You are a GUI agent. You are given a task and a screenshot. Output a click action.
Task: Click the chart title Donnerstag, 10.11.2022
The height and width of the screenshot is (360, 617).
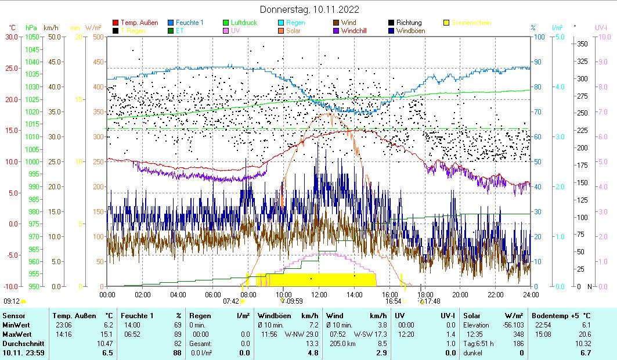coord(309,9)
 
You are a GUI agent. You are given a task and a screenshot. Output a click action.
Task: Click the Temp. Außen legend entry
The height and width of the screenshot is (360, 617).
coord(139,23)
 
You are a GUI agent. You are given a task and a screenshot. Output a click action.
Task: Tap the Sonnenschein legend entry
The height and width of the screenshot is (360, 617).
coord(471,23)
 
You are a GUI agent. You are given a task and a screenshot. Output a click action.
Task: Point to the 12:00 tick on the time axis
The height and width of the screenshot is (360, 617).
coord(319,294)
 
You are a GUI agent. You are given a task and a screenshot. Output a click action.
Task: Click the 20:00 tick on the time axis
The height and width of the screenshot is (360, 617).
coord(460,294)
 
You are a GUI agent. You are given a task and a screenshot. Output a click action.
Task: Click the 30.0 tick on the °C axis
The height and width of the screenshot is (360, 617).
coord(12,37)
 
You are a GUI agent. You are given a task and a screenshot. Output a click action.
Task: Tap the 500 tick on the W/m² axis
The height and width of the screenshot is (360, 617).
coord(98,37)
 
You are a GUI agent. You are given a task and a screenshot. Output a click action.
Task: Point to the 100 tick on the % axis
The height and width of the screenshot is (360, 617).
coord(539,37)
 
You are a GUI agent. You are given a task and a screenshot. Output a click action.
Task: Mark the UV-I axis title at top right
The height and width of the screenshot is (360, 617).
coord(601,27)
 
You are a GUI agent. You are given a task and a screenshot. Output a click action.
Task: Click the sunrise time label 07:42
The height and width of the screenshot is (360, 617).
coord(230,301)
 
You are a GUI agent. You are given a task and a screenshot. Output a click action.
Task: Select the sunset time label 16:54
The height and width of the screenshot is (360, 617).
coord(393,301)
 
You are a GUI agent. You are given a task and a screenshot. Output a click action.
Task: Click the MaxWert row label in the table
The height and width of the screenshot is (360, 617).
coord(16,334)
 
